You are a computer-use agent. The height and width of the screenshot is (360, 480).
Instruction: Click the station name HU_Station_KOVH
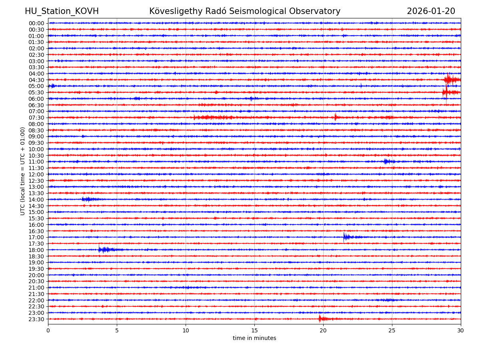62,11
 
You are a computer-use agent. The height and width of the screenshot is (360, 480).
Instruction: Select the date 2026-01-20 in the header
431,11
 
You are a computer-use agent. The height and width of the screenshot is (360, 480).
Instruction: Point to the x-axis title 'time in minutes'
254,338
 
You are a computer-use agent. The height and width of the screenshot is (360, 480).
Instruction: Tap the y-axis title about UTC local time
23,171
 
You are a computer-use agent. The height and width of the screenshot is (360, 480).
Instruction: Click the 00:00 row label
36,23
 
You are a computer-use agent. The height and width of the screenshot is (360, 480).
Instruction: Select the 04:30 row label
36,80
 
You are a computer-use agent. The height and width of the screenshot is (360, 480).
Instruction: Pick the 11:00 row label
36,162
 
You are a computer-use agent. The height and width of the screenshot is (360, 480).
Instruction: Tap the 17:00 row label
36,237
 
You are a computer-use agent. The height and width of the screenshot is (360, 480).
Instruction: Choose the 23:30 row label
36,319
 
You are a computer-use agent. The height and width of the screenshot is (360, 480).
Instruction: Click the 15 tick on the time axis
254,331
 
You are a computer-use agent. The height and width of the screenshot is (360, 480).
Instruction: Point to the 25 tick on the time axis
392,331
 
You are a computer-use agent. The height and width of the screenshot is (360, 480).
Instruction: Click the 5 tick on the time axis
117,331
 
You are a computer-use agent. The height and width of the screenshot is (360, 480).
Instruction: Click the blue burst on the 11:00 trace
387,162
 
